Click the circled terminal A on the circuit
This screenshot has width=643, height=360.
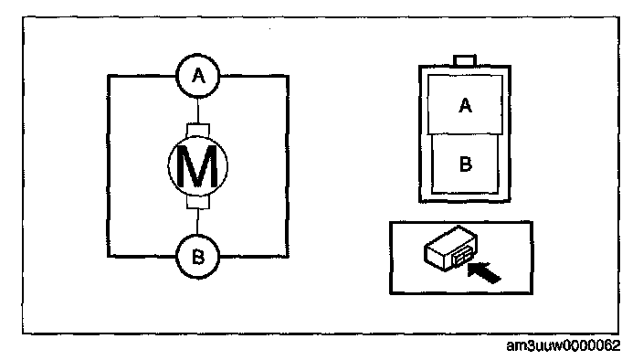[198, 76]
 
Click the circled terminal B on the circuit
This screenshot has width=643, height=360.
[198, 257]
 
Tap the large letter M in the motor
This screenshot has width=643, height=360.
[197, 166]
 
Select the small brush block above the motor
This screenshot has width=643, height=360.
[198, 131]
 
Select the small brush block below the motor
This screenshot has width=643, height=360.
[198, 202]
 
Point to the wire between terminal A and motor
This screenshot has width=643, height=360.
[198, 111]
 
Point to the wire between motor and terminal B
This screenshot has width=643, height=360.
[197, 222]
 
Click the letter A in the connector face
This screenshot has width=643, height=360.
[465, 105]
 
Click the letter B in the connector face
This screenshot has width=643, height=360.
[466, 164]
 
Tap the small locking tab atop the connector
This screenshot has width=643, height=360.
[465, 60]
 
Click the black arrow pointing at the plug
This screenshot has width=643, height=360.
[484, 272]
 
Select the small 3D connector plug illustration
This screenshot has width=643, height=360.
[450, 248]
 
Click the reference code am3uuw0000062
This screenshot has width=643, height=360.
[563, 346]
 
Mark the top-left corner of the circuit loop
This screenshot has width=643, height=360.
[109, 76]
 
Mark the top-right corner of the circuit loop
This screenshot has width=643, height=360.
[288, 76]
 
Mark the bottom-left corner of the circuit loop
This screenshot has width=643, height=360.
[109, 257]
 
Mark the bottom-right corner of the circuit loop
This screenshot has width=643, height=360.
[288, 257]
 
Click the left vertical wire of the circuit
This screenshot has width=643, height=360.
[109, 166]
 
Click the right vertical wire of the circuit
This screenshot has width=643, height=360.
[288, 166]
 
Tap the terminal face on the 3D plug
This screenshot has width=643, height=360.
[462, 259]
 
